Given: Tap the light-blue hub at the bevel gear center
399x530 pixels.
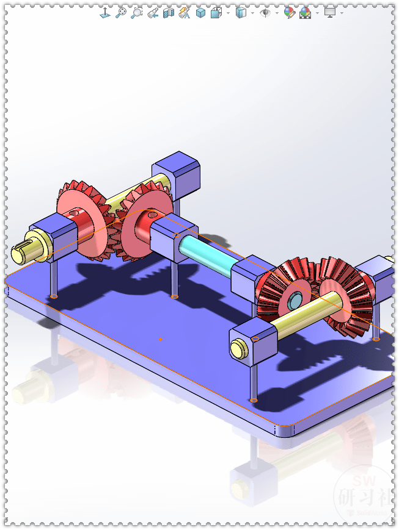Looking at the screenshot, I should [x=295, y=300].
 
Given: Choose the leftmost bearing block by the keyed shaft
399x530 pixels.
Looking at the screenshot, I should [x=57, y=234].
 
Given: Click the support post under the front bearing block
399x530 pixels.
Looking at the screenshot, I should [x=254, y=382].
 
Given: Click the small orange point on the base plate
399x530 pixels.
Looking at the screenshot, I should [x=160, y=339].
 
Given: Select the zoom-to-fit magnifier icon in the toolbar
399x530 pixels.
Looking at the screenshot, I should [x=121, y=12].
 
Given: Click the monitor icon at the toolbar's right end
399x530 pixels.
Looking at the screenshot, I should [x=330, y=12].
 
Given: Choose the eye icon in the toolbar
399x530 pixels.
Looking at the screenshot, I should [x=265, y=12].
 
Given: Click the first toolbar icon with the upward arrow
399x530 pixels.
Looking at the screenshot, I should [x=104, y=12].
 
